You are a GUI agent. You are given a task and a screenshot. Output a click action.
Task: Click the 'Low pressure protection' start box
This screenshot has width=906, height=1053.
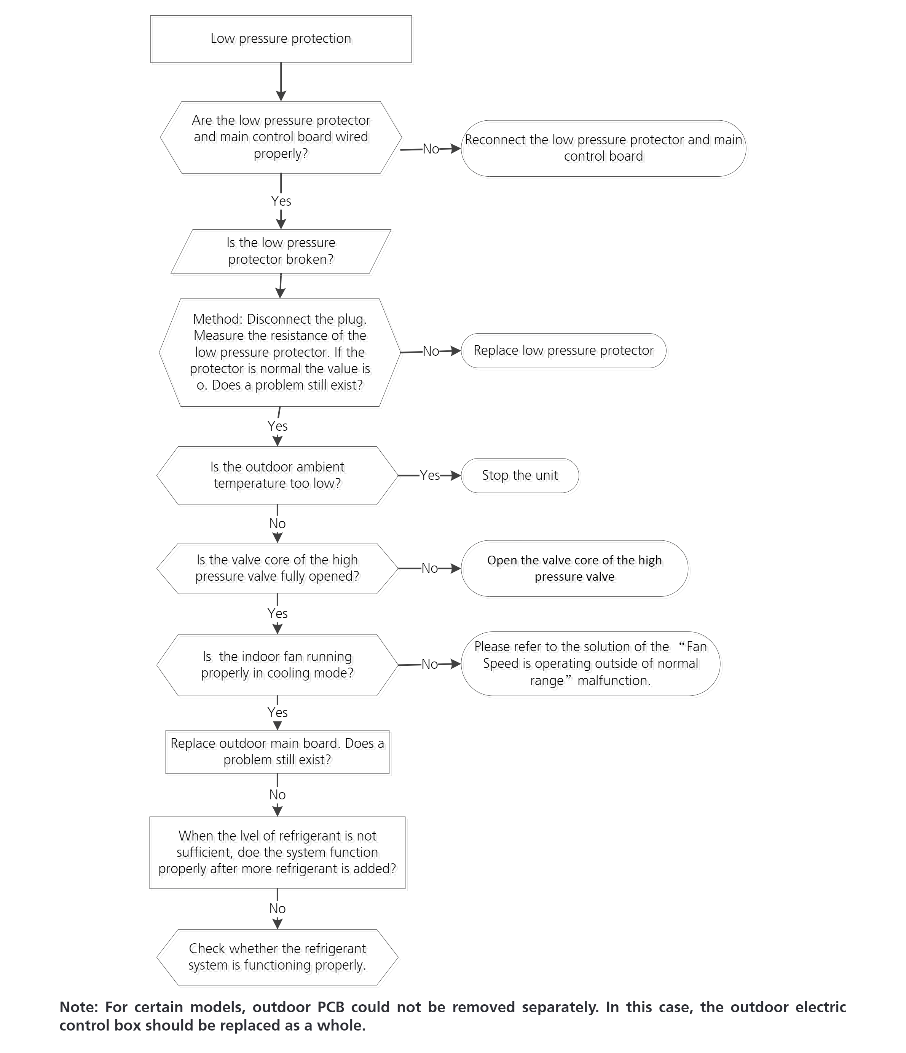pos(281,39)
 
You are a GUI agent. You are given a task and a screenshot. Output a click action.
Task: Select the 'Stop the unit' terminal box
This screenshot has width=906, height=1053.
pos(520,476)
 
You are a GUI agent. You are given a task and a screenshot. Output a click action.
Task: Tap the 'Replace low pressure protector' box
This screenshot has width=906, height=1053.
pos(563,351)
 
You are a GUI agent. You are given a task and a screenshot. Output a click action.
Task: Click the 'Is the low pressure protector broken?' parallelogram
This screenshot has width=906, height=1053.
pos(281,252)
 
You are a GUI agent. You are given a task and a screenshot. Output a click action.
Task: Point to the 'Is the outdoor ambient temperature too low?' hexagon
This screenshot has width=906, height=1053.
pos(278,476)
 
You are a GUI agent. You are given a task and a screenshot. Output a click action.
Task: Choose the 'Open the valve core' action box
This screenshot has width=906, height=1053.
pos(575,568)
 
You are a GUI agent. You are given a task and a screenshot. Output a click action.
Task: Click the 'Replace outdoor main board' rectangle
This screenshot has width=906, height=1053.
pos(278,752)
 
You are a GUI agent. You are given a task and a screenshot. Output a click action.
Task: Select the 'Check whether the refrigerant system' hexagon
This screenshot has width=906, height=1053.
pos(278,957)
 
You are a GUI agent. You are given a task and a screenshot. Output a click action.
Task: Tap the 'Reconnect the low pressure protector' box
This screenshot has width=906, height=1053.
pos(604,149)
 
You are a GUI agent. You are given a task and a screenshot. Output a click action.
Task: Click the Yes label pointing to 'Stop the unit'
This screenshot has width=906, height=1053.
pos(430,475)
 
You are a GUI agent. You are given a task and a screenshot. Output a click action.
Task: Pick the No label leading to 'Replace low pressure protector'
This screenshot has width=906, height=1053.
pos(431,351)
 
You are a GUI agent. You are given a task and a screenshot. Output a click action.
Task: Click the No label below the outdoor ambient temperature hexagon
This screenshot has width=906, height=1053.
pos(278,523)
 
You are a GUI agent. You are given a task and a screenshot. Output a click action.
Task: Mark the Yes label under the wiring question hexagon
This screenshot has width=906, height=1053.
pos(281,201)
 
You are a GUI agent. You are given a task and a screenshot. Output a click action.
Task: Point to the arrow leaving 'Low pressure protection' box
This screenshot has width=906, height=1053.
pos(281,82)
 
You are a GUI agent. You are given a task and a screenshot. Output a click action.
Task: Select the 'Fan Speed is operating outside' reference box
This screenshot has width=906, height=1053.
pos(590,664)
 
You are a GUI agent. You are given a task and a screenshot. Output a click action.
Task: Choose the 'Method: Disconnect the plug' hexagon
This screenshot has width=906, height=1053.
pos(280,352)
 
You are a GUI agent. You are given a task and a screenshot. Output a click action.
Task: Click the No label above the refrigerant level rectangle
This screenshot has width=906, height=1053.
pos(278,795)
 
